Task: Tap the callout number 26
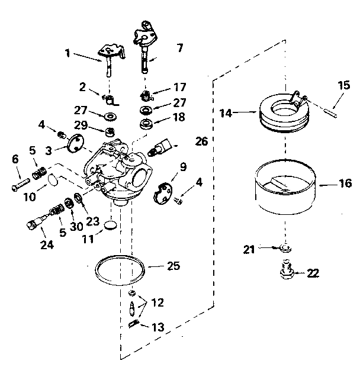[202, 141]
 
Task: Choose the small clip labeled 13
[134, 323]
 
